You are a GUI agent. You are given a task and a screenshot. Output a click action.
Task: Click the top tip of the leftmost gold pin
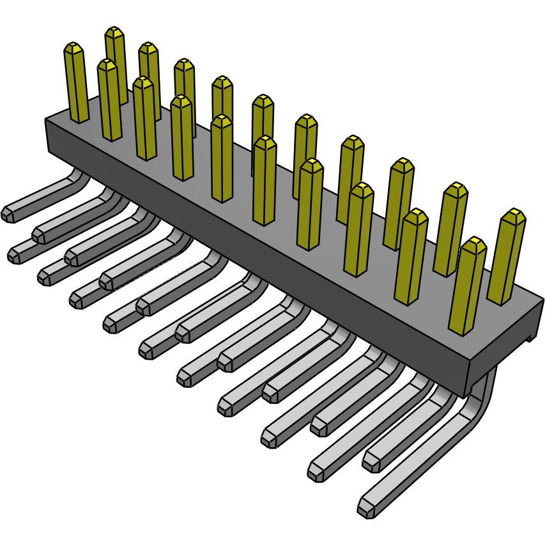[x=74, y=48]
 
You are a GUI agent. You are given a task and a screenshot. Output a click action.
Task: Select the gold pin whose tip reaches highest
[x=114, y=32]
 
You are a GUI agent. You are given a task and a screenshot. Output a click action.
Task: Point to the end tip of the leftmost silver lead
[x=10, y=213]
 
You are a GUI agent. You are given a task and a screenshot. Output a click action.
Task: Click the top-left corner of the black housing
[x=46, y=121]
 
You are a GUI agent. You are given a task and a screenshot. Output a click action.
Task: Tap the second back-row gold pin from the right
[x=450, y=230]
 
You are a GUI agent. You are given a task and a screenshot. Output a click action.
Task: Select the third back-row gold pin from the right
[x=399, y=204]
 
